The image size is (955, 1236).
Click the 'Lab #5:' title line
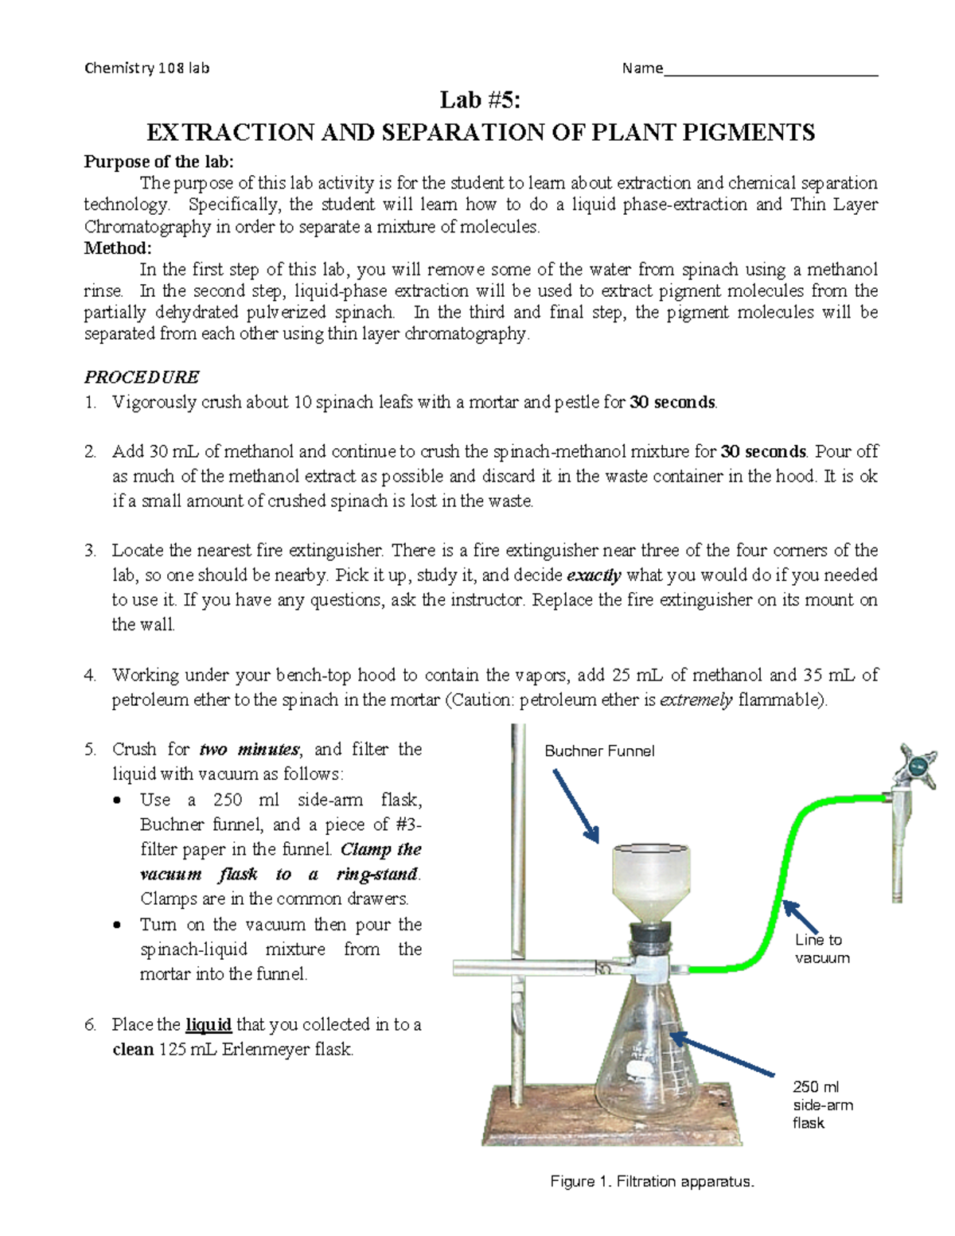tap(481, 99)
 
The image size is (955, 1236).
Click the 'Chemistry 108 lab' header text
tap(146, 68)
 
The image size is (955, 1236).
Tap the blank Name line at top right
tap(770, 70)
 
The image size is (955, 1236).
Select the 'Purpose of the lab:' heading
tap(159, 162)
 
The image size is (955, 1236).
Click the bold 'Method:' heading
tap(118, 248)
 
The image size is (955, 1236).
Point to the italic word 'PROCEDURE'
tap(142, 376)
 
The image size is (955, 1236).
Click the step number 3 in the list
tap(90, 550)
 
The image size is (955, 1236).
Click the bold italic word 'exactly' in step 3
tap(593, 575)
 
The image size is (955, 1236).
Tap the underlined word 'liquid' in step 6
tap(209, 1024)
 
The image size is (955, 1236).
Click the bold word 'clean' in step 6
tap(133, 1049)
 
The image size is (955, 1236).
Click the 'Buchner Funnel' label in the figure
tap(599, 751)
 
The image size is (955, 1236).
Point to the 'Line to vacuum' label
tap(821, 949)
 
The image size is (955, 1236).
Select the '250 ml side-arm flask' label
tap(822, 1105)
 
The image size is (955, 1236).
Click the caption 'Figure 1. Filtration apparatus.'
tap(652, 1182)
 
